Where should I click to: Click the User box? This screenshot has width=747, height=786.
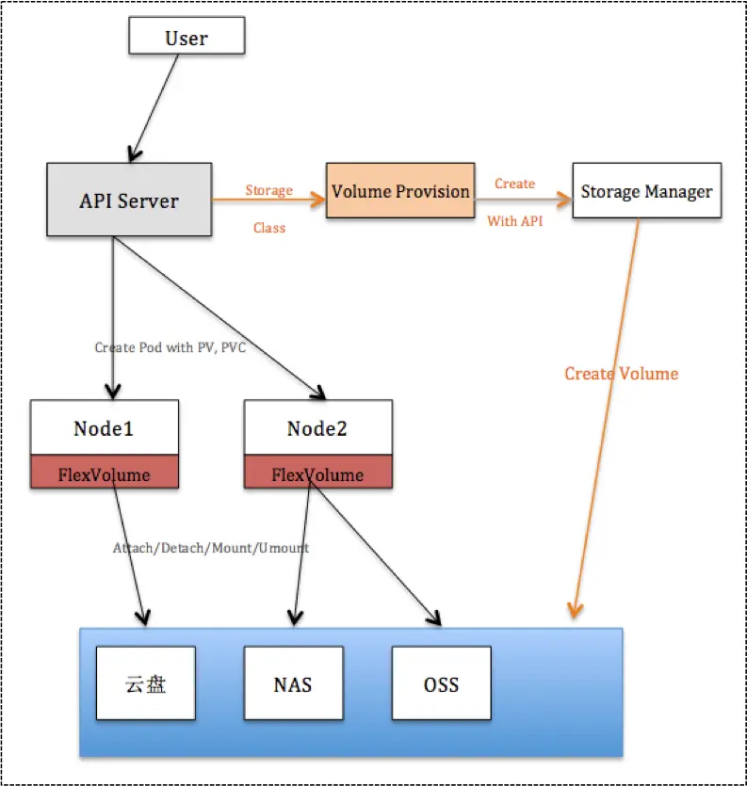[x=187, y=38]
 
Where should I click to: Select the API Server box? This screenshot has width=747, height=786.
[x=129, y=200]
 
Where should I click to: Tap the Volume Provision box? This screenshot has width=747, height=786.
[x=399, y=191]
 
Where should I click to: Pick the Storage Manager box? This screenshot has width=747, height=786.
[x=646, y=192]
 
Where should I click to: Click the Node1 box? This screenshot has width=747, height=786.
[x=104, y=428]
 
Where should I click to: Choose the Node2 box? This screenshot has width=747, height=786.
[x=317, y=428]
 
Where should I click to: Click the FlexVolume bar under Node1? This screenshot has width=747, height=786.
[x=104, y=473]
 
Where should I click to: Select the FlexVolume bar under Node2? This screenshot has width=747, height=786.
[x=317, y=473]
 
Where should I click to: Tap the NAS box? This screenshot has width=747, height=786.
[x=293, y=683]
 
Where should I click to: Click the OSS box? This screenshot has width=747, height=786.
[x=441, y=683]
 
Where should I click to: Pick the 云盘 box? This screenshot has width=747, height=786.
[x=145, y=683]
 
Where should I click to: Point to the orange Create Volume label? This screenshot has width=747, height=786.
[x=621, y=374]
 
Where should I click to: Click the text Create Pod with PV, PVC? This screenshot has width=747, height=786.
[x=171, y=347]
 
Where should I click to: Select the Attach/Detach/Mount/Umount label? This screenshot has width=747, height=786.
[x=211, y=547]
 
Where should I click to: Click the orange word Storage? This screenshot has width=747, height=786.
[x=269, y=190]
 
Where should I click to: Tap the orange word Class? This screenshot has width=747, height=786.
[x=268, y=228]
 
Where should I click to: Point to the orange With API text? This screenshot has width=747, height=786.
[x=514, y=222]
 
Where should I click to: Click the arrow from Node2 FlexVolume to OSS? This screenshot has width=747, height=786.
[x=377, y=555]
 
